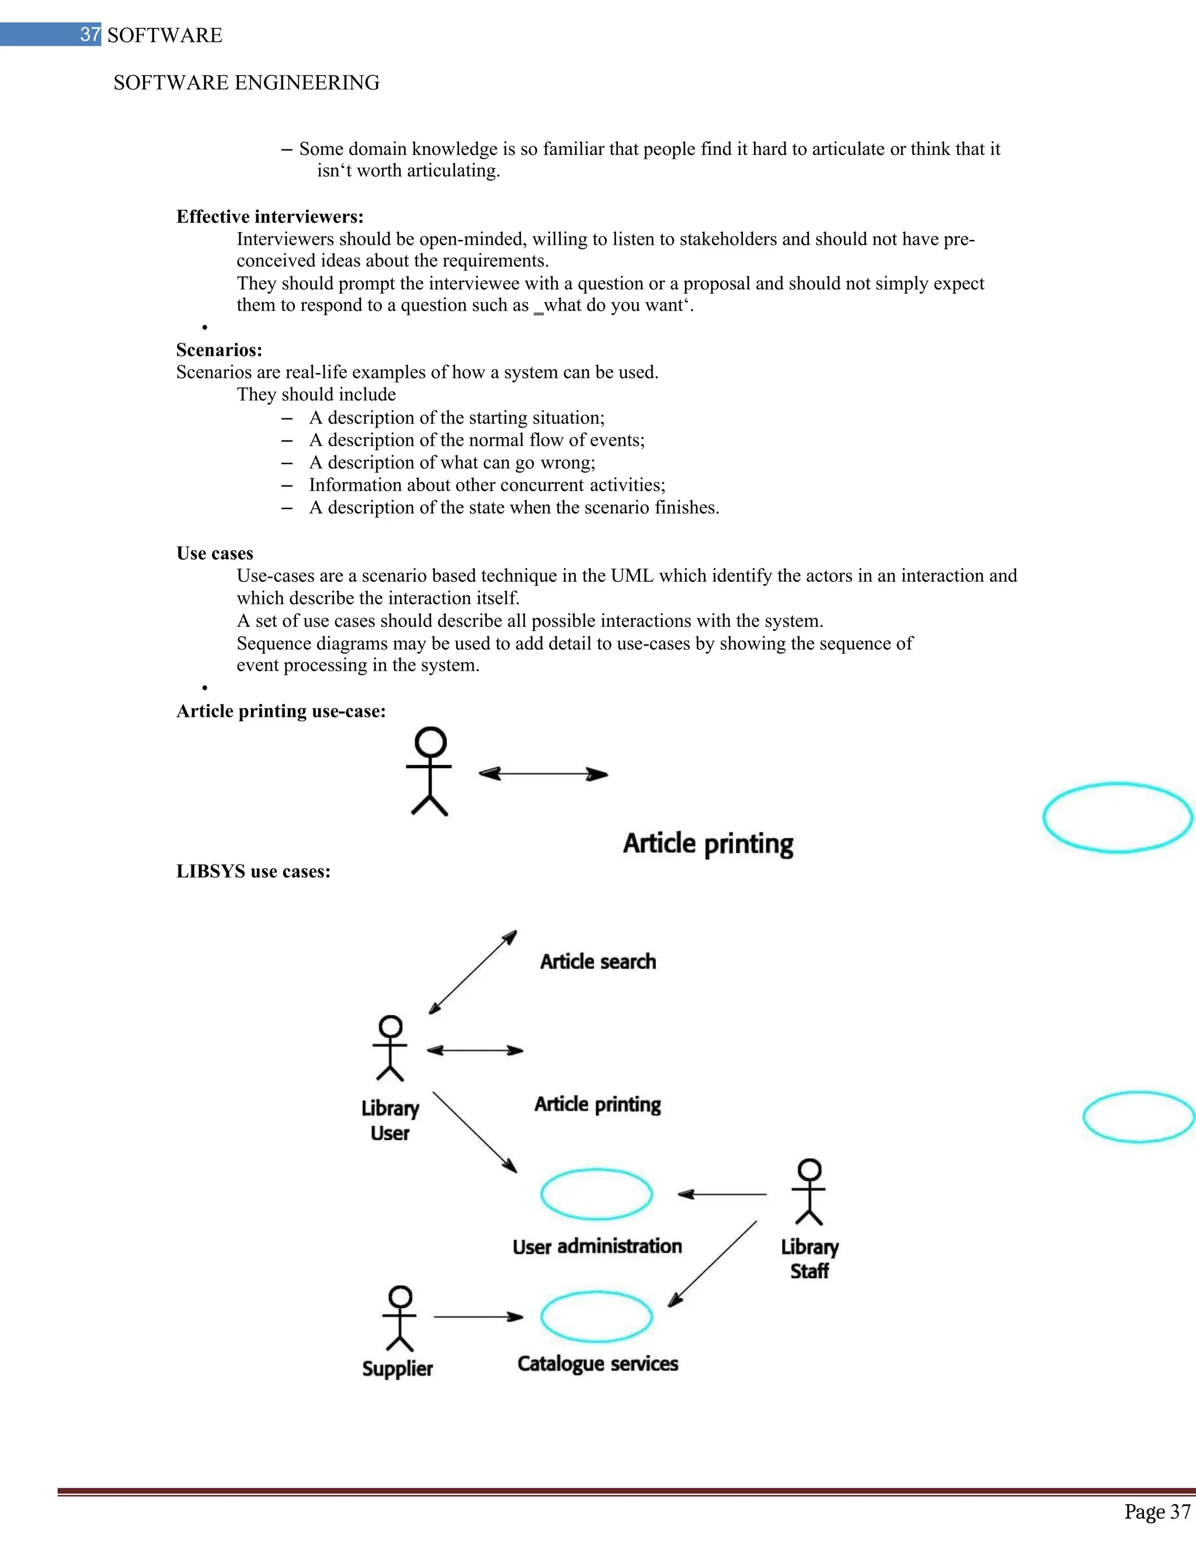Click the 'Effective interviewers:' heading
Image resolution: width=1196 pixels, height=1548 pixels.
tap(269, 216)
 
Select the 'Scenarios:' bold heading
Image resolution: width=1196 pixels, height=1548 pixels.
tap(219, 349)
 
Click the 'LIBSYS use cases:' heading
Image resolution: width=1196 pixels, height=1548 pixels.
tap(253, 871)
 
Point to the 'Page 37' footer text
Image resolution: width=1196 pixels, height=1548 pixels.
tap(1156, 1512)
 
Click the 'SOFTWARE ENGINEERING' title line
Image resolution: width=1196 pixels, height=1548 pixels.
tap(246, 83)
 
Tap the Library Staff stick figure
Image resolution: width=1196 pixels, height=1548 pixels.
tap(809, 1192)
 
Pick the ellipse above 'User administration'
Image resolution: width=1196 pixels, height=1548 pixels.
tap(596, 1193)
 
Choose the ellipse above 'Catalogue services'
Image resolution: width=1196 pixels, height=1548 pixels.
tap(596, 1316)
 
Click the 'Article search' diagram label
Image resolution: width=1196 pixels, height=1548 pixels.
tap(598, 962)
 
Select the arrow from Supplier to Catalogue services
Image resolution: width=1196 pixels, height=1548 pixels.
tap(478, 1317)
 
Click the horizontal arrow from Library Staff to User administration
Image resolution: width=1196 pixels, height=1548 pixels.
tap(721, 1195)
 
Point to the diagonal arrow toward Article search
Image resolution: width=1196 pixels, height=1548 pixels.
tap(472, 973)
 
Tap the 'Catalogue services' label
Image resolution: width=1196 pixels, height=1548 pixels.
tap(597, 1364)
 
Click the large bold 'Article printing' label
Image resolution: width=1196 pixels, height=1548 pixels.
tap(708, 844)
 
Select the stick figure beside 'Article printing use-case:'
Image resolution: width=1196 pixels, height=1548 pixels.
tap(429, 771)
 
